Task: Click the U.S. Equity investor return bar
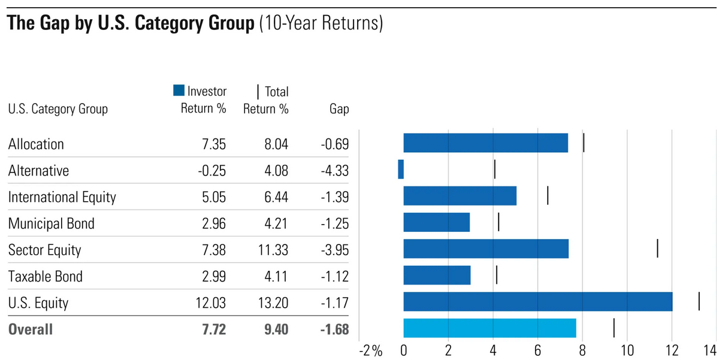pyautogui.click(x=537, y=301)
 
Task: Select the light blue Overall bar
pyautogui.click(x=490, y=328)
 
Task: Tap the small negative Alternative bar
pyautogui.click(x=401, y=170)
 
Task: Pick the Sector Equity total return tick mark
pyautogui.click(x=657, y=248)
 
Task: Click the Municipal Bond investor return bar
pyautogui.click(x=436, y=222)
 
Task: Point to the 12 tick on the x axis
pyautogui.click(x=672, y=350)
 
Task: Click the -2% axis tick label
pyautogui.click(x=370, y=350)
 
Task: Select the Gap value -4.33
pyautogui.click(x=334, y=171)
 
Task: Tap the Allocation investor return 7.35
pyautogui.click(x=212, y=144)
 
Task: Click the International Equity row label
pyautogui.click(x=62, y=197)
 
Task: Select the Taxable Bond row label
pyautogui.click(x=46, y=276)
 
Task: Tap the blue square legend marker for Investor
pyautogui.click(x=178, y=91)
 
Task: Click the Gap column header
pyautogui.click(x=339, y=110)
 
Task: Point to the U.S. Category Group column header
pyautogui.click(x=58, y=110)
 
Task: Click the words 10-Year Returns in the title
pyautogui.click(x=321, y=25)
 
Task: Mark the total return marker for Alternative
pyautogui.click(x=495, y=170)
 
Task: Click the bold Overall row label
pyautogui.click(x=31, y=329)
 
